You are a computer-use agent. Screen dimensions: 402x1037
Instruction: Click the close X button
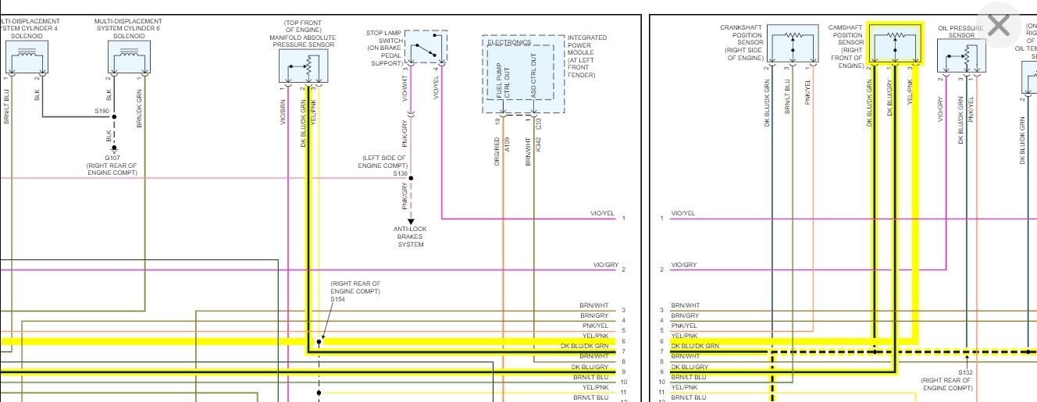click(999, 26)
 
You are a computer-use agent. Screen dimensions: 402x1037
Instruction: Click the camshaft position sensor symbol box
click(895, 45)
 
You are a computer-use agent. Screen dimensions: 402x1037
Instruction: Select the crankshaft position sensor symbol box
click(793, 44)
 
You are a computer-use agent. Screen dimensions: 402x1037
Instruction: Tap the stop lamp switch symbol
click(426, 47)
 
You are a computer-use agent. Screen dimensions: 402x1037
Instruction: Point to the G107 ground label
click(114, 158)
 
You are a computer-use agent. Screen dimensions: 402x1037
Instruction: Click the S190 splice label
click(102, 112)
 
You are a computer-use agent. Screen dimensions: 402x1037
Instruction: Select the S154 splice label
click(338, 299)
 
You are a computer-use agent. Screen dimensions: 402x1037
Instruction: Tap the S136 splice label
click(400, 173)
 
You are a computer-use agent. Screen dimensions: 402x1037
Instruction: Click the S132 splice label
click(965, 372)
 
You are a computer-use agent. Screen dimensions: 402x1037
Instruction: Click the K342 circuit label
click(539, 145)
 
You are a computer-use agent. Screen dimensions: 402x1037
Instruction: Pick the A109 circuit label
click(508, 145)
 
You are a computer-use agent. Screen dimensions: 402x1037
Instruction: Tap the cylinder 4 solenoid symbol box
click(27, 57)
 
